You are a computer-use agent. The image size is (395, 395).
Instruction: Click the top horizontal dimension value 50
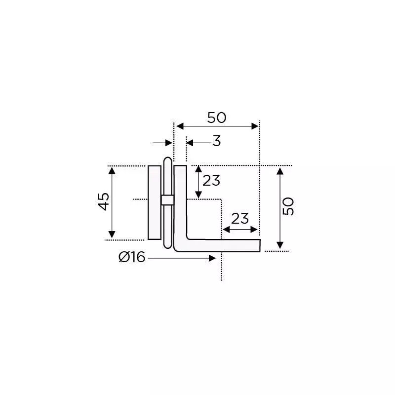[x=216, y=118]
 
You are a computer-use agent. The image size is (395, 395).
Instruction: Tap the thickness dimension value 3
[x=216, y=142]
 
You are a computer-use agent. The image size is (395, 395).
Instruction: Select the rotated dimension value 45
[x=104, y=201]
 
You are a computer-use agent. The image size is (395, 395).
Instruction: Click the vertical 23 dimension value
[x=211, y=181]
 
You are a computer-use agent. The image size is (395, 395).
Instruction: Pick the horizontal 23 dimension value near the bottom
[x=239, y=218]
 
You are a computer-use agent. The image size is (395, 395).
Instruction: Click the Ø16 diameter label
[x=132, y=257]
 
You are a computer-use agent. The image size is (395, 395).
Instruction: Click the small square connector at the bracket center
[x=167, y=200]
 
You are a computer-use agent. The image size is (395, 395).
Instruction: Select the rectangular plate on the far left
[x=154, y=202]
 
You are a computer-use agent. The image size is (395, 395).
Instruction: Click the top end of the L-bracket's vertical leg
[x=180, y=168]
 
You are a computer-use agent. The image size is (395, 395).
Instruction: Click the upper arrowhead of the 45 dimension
[x=112, y=171]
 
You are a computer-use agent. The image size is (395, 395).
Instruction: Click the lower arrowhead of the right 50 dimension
[x=280, y=245]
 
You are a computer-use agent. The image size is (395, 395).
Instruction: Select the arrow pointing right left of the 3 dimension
[x=168, y=143]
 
